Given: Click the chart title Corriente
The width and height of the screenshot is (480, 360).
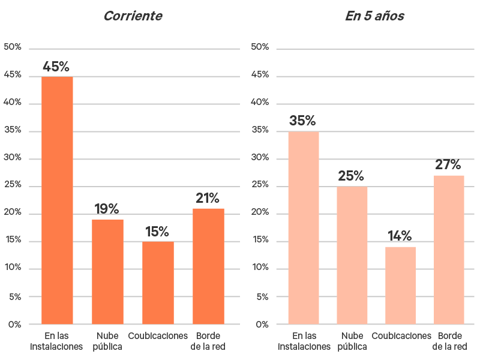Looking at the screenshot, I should [x=133, y=16].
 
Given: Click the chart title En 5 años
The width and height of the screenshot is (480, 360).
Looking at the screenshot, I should [x=374, y=16].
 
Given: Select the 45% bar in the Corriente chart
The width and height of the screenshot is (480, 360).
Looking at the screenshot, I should [x=57, y=200].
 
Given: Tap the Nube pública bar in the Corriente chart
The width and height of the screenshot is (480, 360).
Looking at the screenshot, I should [x=107, y=272].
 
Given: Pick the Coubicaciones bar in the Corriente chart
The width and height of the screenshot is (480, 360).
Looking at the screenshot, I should [x=158, y=283].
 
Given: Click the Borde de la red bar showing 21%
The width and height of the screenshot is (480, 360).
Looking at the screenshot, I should [x=208, y=266].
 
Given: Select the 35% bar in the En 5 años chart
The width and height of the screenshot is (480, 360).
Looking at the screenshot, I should [x=303, y=228].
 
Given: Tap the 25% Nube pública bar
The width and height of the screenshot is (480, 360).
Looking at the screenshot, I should [x=352, y=256].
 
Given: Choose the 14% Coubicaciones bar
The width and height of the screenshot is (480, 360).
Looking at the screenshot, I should [x=400, y=286].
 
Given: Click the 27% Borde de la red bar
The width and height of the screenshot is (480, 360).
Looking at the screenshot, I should [x=449, y=250].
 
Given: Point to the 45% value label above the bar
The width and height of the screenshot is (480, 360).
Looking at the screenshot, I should [x=56, y=67].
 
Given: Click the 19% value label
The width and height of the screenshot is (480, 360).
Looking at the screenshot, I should [x=107, y=209].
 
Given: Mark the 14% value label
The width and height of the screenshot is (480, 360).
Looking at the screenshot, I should [x=400, y=236].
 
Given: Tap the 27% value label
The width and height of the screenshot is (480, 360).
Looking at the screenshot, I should [x=448, y=164].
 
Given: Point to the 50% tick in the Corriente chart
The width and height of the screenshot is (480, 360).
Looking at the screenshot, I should [x=13, y=47].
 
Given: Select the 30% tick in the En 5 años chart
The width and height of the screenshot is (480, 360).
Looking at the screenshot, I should [x=259, y=158].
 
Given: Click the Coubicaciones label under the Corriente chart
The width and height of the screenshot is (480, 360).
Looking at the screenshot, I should [x=158, y=336].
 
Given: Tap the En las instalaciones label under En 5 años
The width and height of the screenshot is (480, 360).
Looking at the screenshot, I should [x=304, y=341].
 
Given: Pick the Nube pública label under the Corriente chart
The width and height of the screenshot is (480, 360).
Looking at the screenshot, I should [x=107, y=341].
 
